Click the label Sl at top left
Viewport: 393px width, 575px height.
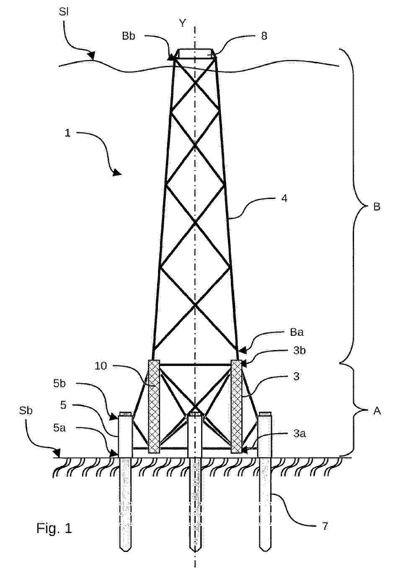tap(64, 12)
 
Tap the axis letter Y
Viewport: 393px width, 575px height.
tap(182, 24)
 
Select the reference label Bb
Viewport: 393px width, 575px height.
tap(129, 36)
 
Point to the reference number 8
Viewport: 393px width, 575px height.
tap(264, 36)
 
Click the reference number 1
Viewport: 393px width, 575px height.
tap(67, 133)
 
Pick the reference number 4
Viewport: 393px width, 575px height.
tap(284, 199)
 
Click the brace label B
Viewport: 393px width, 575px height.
tap(377, 206)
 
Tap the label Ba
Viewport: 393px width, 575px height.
tap(297, 332)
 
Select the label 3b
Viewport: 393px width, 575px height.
tap(299, 350)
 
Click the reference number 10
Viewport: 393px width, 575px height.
tap(101, 366)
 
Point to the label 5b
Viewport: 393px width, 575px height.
tap(59, 384)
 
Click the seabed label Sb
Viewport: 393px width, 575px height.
tap(26, 411)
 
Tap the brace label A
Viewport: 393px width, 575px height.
tap(377, 411)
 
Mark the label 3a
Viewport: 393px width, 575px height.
tap(299, 434)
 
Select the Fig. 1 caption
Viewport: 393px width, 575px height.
tap(54, 528)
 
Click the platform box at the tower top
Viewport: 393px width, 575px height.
tap(195, 53)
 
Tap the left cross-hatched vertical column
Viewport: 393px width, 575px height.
tap(154, 406)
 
